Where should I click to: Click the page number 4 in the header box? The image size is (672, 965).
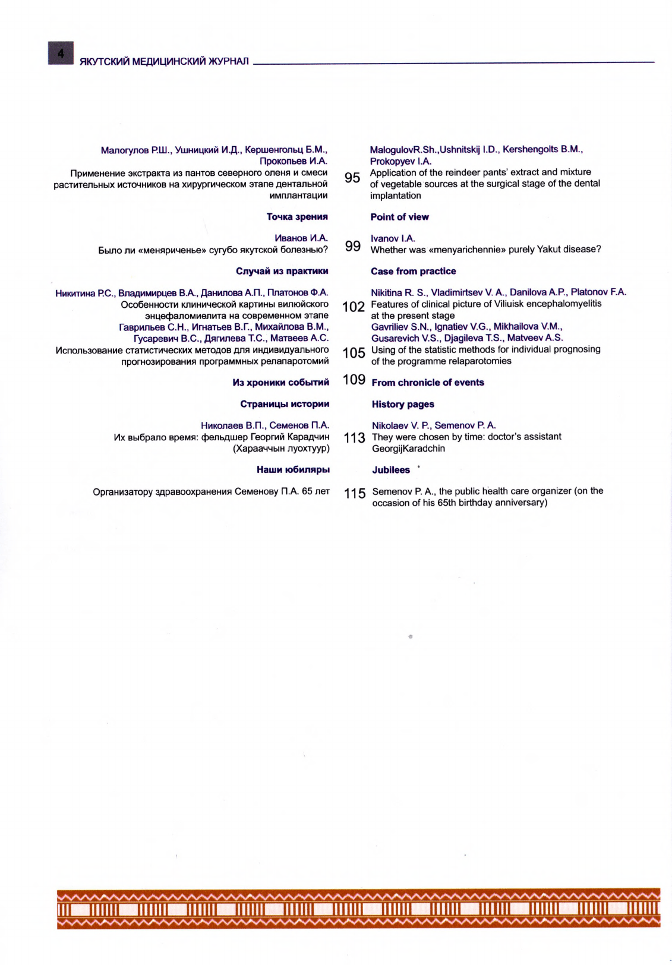[61, 53]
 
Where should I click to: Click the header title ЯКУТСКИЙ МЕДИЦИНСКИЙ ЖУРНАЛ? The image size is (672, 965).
[165, 62]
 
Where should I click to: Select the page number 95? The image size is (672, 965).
[352, 178]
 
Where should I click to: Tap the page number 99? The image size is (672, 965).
[353, 246]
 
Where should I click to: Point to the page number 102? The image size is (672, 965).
[354, 307]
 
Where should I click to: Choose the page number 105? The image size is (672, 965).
[354, 353]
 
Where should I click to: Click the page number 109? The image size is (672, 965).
[354, 380]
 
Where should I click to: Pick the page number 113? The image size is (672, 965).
[354, 438]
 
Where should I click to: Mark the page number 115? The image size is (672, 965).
[355, 493]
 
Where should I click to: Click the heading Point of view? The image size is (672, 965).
[399, 217]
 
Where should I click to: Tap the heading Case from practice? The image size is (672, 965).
[413, 271]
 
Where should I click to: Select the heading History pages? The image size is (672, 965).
[403, 404]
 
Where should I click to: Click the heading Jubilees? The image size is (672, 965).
[391, 470]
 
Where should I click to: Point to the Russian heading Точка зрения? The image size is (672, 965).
[297, 217]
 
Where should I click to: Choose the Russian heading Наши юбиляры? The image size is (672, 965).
[293, 469]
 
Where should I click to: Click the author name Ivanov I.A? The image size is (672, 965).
[393, 238]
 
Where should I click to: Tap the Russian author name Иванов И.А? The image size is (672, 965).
[301, 238]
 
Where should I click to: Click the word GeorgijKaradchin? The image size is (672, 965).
[408, 449]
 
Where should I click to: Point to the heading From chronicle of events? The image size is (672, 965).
[428, 383]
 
